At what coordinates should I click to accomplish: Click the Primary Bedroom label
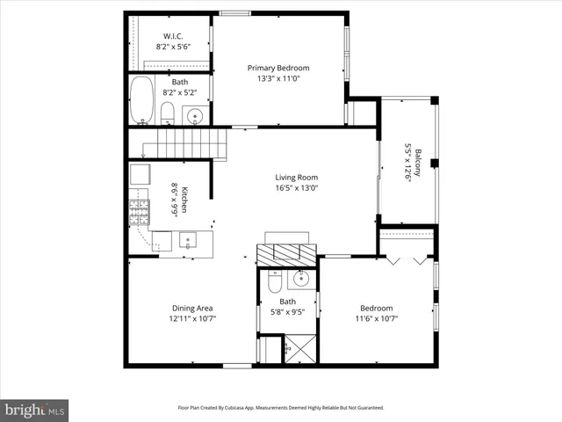277,68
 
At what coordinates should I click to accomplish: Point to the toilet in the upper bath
167,113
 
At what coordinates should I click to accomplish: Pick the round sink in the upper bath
196,115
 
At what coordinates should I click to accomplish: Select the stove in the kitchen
140,211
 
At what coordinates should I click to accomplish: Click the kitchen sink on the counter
188,239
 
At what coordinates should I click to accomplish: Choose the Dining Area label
192,308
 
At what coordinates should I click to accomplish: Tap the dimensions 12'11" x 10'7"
192,318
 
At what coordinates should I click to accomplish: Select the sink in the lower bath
300,280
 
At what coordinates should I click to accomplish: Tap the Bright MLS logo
35,410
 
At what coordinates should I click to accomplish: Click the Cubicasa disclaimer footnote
281,408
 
